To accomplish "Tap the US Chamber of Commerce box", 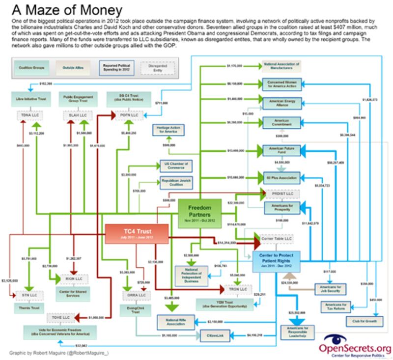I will [173, 166].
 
